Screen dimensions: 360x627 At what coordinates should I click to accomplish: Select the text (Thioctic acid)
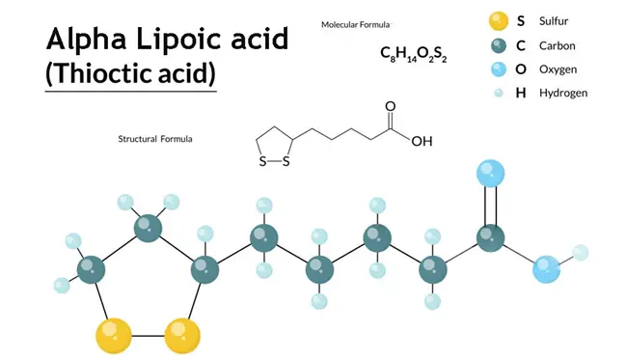pos(130,73)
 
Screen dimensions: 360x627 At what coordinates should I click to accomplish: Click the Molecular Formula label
pos(355,24)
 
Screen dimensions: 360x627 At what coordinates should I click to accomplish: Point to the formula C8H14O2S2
pos(414,53)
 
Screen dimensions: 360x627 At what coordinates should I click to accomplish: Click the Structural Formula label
pos(154,139)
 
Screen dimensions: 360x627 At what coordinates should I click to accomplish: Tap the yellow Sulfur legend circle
pos(498,19)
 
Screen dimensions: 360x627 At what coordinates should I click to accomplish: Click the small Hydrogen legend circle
pos(498,94)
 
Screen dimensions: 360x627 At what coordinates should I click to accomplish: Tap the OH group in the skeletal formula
pos(422,141)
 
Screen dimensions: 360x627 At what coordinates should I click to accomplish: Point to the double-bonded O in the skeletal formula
pos(390,106)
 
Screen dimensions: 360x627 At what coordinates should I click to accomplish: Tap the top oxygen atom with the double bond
pos(490,174)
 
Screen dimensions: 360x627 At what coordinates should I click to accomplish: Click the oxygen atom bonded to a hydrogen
pos(546,269)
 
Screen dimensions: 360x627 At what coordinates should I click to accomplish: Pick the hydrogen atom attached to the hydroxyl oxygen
pos(580,253)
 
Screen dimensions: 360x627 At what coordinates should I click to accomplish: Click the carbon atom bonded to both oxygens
pos(490,237)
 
